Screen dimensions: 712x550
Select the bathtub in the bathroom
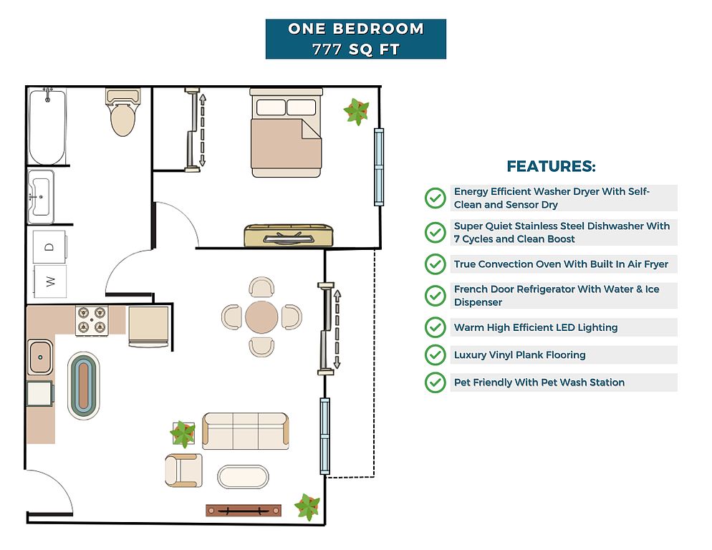tap(47, 126)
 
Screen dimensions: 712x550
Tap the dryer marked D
tap(49, 247)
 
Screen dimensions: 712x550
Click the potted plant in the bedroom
tap(356, 111)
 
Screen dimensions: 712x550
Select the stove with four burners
tap(92, 320)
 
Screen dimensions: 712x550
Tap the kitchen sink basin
tap(40, 357)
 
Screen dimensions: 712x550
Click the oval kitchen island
tap(85, 385)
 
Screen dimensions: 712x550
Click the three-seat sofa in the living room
tap(246, 430)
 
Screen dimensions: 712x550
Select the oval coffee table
tap(243, 477)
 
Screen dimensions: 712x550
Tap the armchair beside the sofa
tap(183, 471)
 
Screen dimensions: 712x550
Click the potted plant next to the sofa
tap(183, 434)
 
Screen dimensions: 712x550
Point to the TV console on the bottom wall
tap(242, 511)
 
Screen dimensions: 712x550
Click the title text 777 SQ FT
tap(355, 49)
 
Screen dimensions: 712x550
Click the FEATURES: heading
tap(551, 167)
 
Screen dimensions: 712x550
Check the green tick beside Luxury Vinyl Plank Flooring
tap(435, 355)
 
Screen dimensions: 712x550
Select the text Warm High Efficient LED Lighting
tap(535, 327)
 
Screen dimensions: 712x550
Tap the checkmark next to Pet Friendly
tap(435, 382)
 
